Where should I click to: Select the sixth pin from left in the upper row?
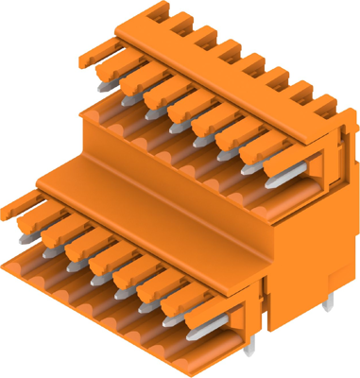[x=225, y=147]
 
